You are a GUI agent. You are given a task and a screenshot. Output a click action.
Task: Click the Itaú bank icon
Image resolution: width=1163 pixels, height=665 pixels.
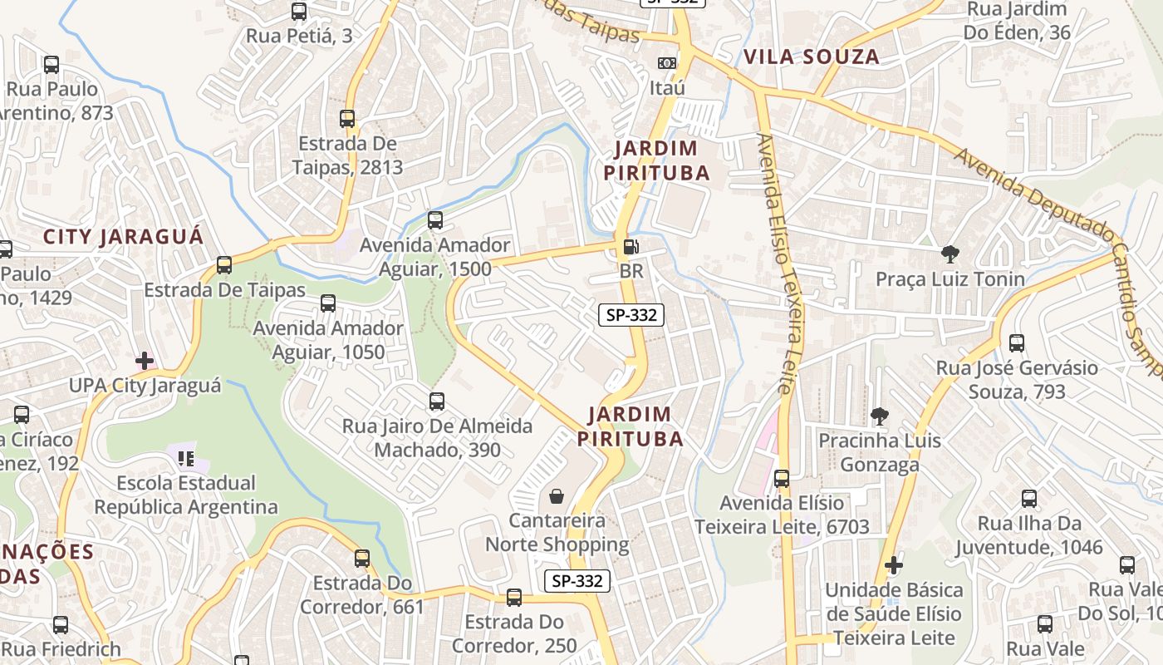[666, 63]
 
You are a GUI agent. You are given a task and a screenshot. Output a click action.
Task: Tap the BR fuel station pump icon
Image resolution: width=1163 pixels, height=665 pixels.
[631, 247]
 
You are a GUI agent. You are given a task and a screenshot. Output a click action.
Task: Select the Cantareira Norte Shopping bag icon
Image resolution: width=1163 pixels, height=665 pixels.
[556, 496]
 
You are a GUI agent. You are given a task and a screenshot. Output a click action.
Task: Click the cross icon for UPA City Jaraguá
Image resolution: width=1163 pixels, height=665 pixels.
[145, 361]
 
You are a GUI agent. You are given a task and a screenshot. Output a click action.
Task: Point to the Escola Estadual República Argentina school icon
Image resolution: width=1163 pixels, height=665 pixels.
[186, 458]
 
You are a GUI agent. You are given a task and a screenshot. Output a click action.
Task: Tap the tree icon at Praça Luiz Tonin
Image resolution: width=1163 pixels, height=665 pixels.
[950, 254]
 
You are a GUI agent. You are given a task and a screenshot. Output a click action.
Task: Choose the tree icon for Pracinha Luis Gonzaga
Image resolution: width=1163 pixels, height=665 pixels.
[879, 416]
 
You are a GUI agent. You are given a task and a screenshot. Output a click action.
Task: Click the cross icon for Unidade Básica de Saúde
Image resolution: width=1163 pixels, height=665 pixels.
[893, 565]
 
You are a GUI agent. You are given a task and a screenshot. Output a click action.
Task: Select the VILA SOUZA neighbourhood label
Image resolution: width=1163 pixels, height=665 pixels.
[811, 57]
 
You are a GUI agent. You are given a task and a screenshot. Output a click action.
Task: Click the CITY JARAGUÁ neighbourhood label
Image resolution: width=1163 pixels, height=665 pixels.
[123, 236]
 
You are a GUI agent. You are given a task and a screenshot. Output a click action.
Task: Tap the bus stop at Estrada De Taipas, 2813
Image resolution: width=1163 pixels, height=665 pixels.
[347, 119]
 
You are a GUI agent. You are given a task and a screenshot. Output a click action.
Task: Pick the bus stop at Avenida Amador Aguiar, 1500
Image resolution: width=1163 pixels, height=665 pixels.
[434, 220]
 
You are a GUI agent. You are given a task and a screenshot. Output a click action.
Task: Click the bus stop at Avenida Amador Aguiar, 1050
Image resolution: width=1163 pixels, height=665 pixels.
[328, 303]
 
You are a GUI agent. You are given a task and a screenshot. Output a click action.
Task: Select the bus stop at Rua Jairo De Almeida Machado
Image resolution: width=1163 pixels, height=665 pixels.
[437, 401]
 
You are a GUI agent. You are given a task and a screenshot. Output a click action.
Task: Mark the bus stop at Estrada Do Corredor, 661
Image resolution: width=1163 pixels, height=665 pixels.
[361, 558]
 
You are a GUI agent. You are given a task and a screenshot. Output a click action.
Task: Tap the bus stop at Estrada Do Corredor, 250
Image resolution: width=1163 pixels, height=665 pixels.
[514, 597]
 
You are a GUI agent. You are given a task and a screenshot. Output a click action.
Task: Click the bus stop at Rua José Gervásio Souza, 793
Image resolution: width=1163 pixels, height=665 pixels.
[1016, 342]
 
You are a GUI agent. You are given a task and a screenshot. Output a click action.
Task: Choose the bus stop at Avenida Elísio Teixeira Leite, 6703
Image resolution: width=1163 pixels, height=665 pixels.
[782, 478]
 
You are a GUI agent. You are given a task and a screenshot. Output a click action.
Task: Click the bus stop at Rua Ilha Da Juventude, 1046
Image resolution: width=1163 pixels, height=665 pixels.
[1029, 499]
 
